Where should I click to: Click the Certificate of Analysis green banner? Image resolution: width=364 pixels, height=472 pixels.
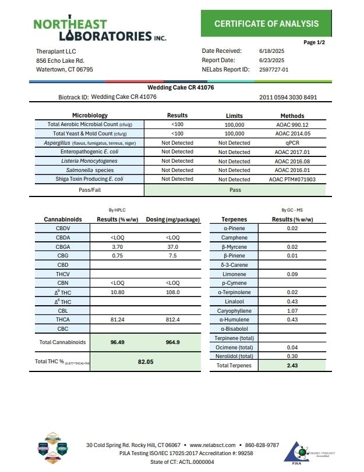[x=266, y=24]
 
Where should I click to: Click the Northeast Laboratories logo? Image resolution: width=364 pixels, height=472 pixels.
[x=100, y=30]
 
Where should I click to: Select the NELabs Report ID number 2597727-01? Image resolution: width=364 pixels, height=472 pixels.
[x=272, y=69]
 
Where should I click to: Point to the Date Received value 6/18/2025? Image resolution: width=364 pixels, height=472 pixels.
[x=271, y=51]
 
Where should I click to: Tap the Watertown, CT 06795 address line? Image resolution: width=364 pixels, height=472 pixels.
[x=65, y=69]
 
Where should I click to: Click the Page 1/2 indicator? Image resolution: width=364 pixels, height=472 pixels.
[x=314, y=42]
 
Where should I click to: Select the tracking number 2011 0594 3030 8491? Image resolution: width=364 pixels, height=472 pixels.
[x=288, y=97]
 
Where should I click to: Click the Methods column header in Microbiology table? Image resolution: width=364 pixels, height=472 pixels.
[x=292, y=116]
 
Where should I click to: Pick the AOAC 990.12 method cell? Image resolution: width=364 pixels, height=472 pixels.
[x=292, y=124]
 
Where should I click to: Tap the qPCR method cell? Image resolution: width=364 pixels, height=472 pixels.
[x=292, y=142]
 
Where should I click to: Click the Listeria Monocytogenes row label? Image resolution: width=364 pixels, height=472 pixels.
[x=89, y=160]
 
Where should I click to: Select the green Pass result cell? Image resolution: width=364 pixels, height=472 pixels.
[x=235, y=189]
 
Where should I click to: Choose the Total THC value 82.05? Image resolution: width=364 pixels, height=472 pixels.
[x=146, y=361]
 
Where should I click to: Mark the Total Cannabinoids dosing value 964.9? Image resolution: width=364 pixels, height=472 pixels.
[x=173, y=342]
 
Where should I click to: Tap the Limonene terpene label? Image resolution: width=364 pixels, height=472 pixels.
[x=235, y=274]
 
